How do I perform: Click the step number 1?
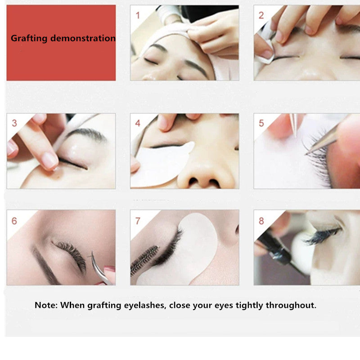pos(138,15)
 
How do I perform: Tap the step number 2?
pos(261,15)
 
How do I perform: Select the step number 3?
pos(14,123)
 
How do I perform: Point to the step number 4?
pos(138,123)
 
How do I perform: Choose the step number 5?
pos(261,123)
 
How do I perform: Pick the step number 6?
pos(14,221)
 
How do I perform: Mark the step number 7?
pos(138,221)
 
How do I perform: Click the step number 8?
pos(261,221)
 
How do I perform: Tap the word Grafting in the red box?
pos(29,38)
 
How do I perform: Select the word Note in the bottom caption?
pos(45,305)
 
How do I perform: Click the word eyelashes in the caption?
pos(146,305)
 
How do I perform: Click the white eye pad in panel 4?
pos(160,164)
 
